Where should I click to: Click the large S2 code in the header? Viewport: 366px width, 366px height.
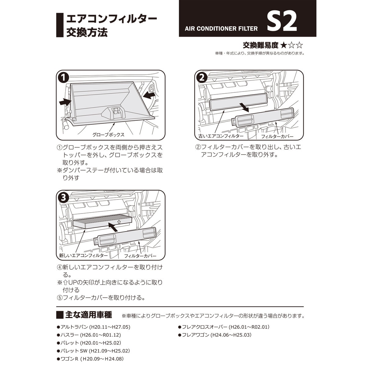pyautogui.click(x=282, y=22)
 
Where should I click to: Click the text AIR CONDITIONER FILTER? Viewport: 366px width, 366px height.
pyautogui.click(x=221, y=29)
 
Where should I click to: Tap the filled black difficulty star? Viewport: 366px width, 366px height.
pyautogui.click(x=283, y=45)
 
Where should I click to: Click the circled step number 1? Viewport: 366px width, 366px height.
pyautogui.click(x=63, y=77)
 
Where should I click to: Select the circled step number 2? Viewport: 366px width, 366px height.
pyautogui.click(x=201, y=77)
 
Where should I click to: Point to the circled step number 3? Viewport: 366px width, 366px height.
pyautogui.click(x=63, y=197)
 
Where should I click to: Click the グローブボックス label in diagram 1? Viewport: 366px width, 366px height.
pyautogui.click(x=108, y=134)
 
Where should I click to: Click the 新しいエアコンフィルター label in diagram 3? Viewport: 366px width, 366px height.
pyautogui.click(x=83, y=256)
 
